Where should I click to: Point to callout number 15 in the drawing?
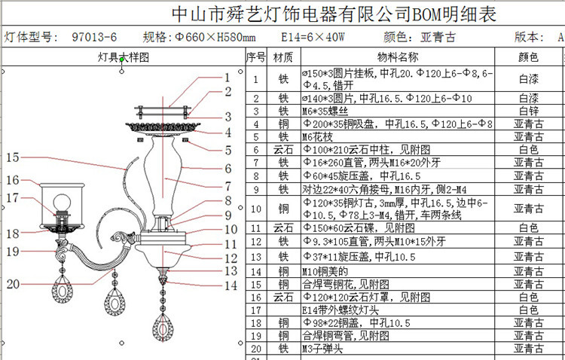11,157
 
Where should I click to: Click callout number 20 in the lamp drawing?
13,283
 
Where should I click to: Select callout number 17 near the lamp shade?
11,197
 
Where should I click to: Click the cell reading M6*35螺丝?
324,111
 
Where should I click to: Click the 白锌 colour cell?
528,111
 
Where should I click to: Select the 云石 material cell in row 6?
283,150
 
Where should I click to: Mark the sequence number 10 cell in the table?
256,209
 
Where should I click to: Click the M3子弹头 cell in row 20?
324,349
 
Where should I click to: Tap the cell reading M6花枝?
319,136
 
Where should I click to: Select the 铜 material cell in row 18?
283,323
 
